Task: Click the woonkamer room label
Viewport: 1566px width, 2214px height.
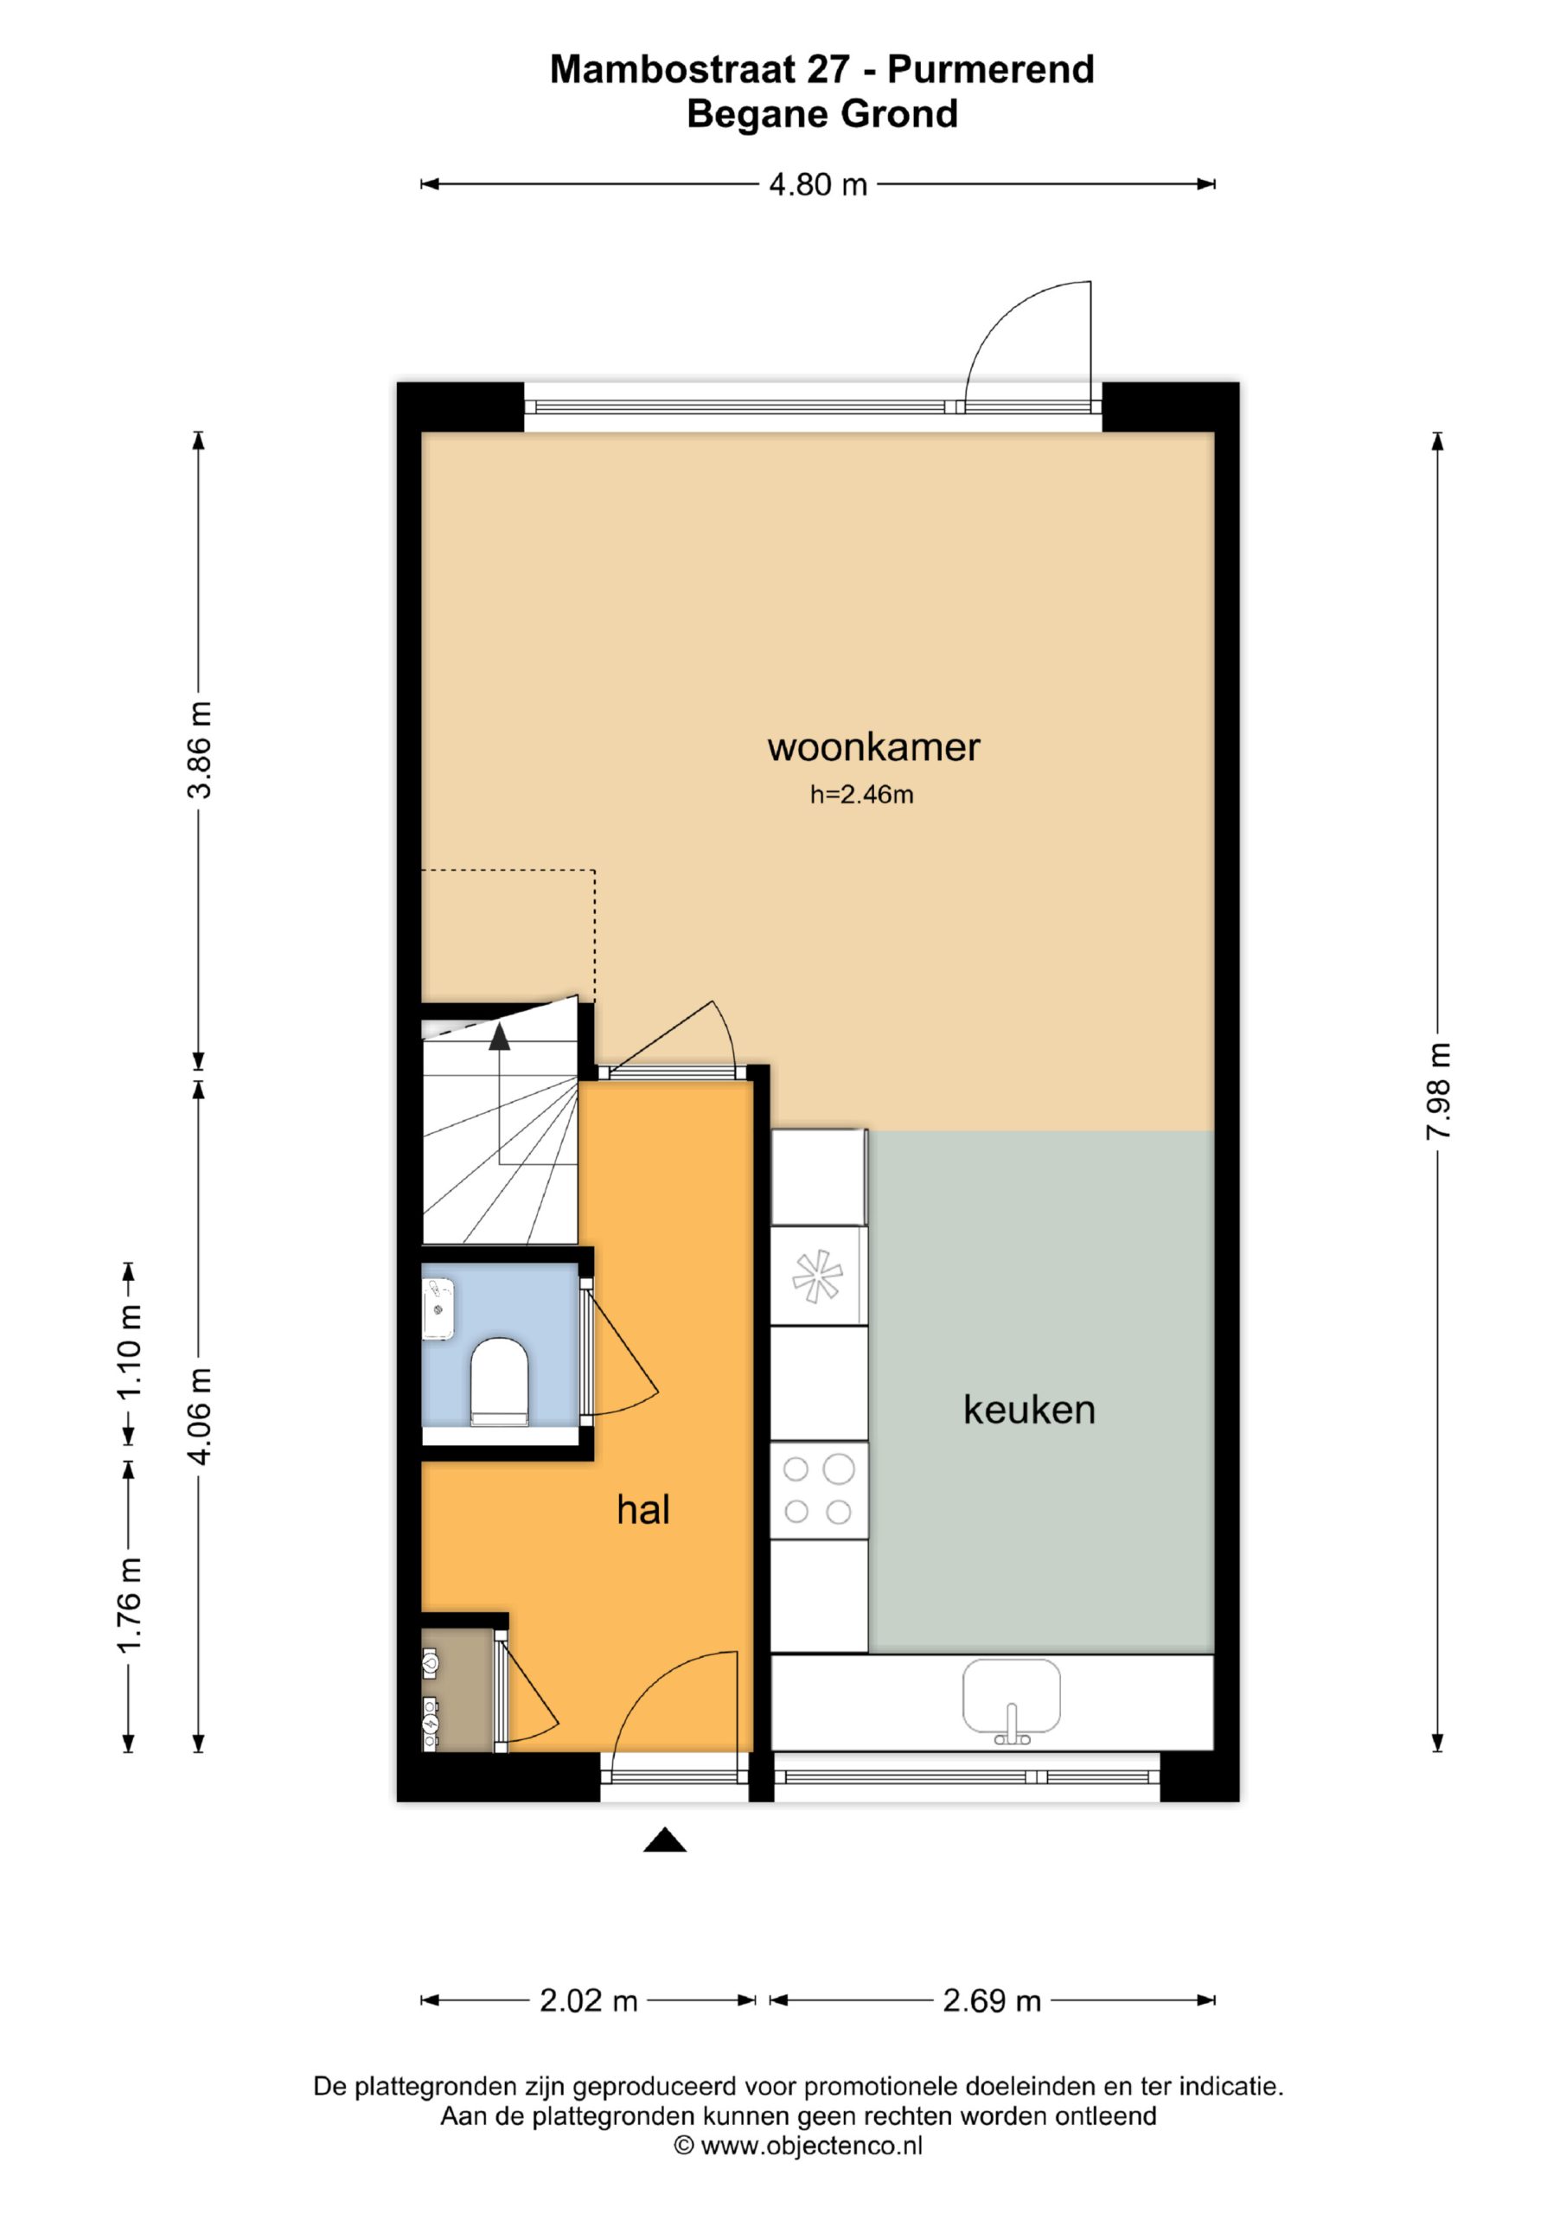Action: pyautogui.click(x=873, y=747)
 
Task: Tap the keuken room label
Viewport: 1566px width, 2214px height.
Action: pyautogui.click(x=1029, y=1410)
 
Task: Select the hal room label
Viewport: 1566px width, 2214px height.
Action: pyautogui.click(x=643, y=1509)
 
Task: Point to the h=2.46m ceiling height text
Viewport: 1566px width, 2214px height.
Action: pyautogui.click(x=861, y=795)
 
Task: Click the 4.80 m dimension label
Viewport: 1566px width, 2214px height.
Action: pyautogui.click(x=818, y=184)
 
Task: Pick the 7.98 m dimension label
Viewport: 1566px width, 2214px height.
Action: pyautogui.click(x=1438, y=1091)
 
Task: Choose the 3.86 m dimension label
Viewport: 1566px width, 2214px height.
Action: pyautogui.click(x=199, y=750)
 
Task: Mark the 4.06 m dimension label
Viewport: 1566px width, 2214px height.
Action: pyautogui.click(x=199, y=1417)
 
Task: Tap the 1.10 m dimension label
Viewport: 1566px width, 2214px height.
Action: pyautogui.click(x=128, y=1352)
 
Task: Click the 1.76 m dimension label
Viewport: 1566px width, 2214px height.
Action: pyautogui.click(x=128, y=1604)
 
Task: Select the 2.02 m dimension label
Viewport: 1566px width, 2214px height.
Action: pyautogui.click(x=588, y=2001)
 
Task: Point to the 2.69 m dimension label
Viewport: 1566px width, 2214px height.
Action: pyautogui.click(x=991, y=2001)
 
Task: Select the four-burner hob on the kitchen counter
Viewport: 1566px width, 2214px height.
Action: pyautogui.click(x=819, y=1491)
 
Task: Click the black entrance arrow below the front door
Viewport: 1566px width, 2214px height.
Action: pyautogui.click(x=664, y=1841)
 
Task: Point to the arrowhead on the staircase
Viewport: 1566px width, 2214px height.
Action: pyautogui.click(x=500, y=1037)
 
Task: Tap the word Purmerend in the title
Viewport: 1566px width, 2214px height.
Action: pyautogui.click(x=990, y=69)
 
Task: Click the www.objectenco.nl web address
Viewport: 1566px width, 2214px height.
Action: pyautogui.click(x=811, y=2146)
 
